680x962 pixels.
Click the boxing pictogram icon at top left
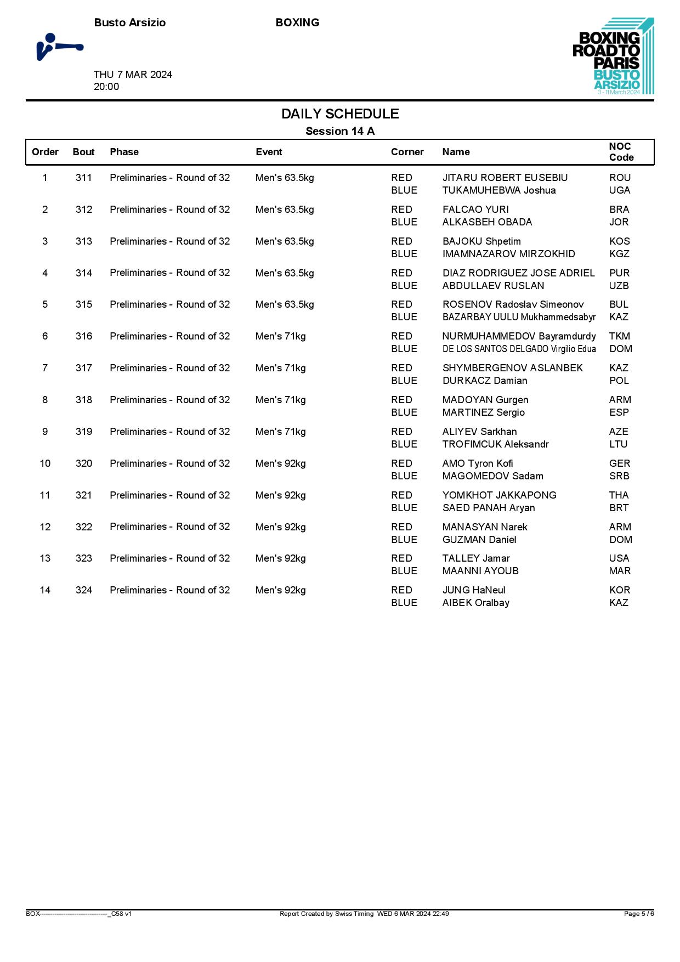[x=59, y=47]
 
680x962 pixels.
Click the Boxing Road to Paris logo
[x=613, y=56]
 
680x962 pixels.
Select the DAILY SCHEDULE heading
[x=340, y=114]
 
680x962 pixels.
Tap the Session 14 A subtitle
[x=340, y=131]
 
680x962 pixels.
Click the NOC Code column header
[x=621, y=152]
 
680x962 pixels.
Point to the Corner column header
[x=407, y=152]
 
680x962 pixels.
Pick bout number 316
[x=84, y=336]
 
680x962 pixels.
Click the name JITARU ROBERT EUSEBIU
[x=505, y=178]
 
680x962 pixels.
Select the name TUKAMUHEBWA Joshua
[x=499, y=190]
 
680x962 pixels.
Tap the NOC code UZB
[x=619, y=286]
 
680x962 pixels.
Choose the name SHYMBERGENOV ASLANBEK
[x=512, y=368]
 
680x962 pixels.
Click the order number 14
[x=45, y=590]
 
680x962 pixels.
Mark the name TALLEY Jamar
[x=476, y=558]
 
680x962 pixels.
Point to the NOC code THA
[x=619, y=495]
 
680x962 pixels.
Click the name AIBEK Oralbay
[x=475, y=603]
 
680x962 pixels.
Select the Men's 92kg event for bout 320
[x=280, y=463]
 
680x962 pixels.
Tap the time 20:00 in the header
[x=106, y=87]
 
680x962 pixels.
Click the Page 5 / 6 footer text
[x=638, y=914]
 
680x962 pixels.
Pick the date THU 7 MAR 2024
[x=133, y=75]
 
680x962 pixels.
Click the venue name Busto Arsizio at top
[x=129, y=22]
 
